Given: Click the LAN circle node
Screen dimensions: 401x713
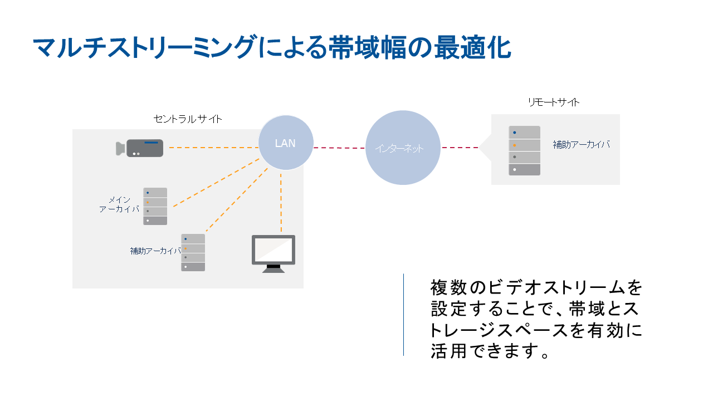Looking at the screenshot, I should tap(286, 143).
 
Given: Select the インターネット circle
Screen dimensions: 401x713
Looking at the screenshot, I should tap(403, 148).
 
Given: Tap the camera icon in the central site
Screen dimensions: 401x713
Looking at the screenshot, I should tap(140, 148).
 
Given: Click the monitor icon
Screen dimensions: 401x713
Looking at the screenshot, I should tap(273, 253).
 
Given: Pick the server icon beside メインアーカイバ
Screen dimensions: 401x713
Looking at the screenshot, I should tap(155, 206).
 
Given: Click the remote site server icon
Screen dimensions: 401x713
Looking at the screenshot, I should tap(524, 150).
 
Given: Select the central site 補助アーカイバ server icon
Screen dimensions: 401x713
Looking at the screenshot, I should tap(193, 252).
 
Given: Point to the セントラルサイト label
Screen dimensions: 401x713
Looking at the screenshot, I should tap(188, 119).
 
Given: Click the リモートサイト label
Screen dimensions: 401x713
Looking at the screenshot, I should tap(554, 102).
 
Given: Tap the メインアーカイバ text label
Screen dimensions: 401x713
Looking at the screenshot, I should tap(119, 204).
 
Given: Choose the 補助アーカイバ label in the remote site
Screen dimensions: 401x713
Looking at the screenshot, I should tap(581, 144).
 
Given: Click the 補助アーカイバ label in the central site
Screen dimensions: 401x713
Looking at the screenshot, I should tap(155, 251).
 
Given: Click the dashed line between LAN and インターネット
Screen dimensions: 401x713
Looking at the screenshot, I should tap(339, 148).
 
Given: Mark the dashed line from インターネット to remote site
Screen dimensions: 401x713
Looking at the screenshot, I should tap(460, 148).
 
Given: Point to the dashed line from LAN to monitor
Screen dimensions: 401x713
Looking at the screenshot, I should tap(281, 203).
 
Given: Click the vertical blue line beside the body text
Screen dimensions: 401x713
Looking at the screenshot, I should tap(403, 314).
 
